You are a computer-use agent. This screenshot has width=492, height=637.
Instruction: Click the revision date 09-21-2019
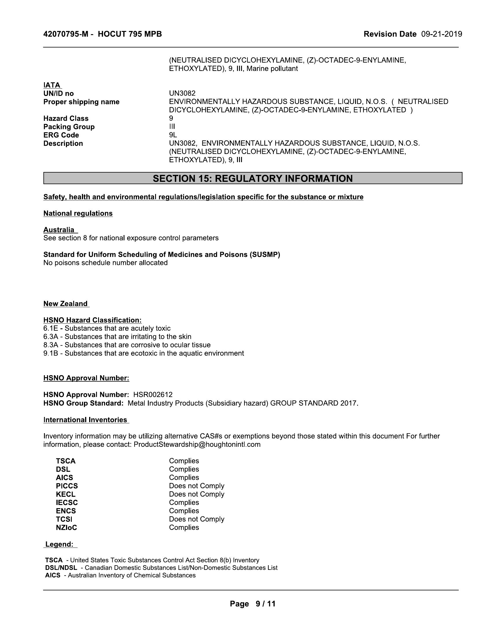pyautogui.click(x=441, y=34)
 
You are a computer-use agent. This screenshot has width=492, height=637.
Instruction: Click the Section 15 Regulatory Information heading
pyautogui.click(x=252, y=178)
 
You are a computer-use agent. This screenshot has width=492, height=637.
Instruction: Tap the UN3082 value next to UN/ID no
pyautogui.click(x=182, y=93)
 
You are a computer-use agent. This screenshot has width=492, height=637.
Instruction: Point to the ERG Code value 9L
pyautogui.click(x=173, y=135)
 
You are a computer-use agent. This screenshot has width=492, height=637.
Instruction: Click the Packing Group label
pyautogui.click(x=69, y=127)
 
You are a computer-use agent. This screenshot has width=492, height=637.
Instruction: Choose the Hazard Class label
pyautogui.click(x=66, y=118)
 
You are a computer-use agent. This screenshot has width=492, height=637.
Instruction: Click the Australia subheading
pyautogui.click(x=59, y=230)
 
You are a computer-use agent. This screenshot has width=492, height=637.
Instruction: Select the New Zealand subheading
pyautogui.click(x=66, y=304)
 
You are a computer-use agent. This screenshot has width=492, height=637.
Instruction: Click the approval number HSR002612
pyautogui.click(x=153, y=395)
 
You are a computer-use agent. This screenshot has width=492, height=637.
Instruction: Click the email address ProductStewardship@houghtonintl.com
pyautogui.click(x=197, y=444)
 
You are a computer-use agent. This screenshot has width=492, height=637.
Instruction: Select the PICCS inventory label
pyautogui.click(x=67, y=486)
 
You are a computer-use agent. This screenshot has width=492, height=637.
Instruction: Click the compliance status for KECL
pyautogui.click(x=197, y=494)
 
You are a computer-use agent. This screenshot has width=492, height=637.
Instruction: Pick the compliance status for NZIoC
pyautogui.click(x=184, y=527)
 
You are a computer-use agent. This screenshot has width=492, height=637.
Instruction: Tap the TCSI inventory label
pyautogui.click(x=64, y=519)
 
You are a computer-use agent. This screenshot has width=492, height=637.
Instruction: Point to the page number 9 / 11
pyautogui.click(x=265, y=604)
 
